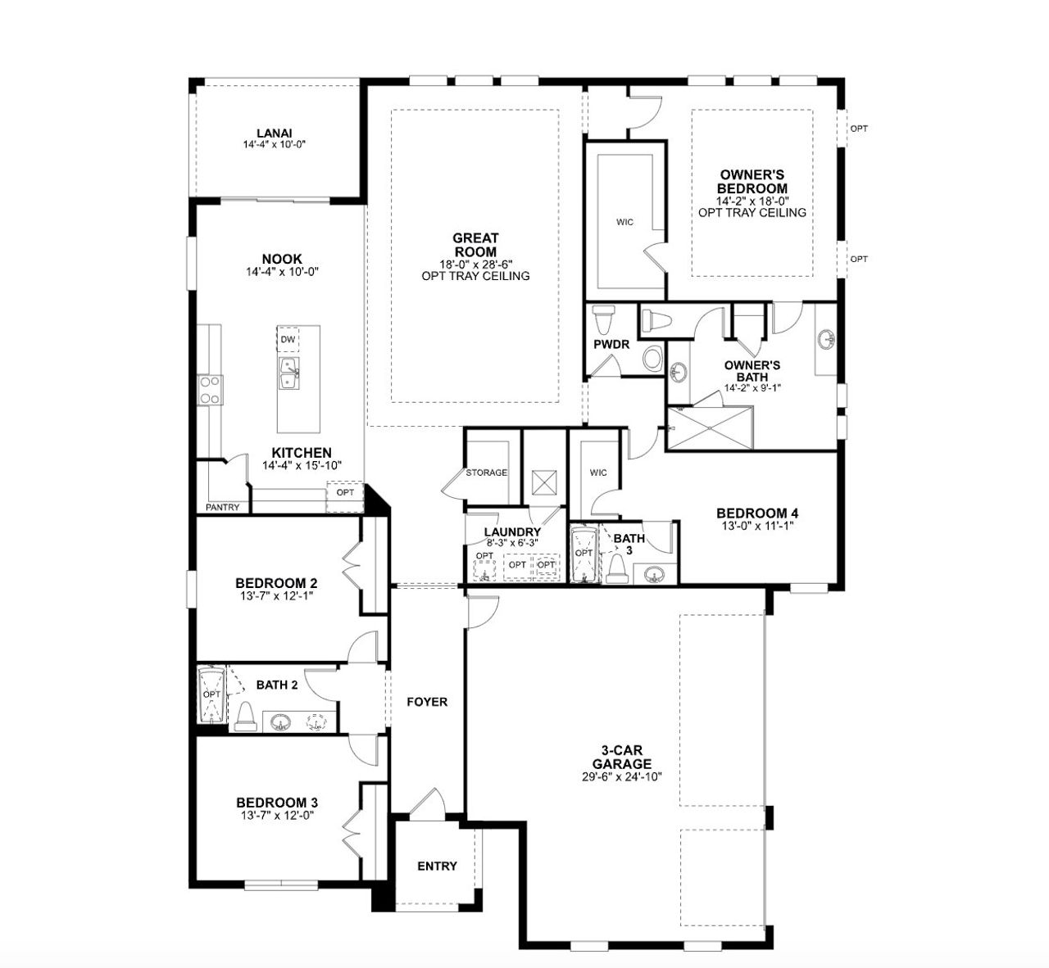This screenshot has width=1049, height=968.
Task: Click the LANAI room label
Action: coord(274,133)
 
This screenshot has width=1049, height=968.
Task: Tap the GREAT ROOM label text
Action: coord(475,245)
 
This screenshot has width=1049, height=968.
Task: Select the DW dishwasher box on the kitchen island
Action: coord(288,339)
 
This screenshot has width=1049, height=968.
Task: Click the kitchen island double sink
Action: coord(288,374)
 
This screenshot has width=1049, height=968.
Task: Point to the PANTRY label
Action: coord(223,508)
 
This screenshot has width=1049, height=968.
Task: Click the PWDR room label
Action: coord(611,344)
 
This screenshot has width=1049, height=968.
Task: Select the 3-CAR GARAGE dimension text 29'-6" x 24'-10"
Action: coord(626,776)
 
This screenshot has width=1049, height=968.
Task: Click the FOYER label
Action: coord(427,702)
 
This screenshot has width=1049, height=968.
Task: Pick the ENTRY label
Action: coord(437,866)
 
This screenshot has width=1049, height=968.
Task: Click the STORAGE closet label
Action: coord(487,473)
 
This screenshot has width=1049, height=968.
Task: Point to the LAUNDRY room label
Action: coord(512,531)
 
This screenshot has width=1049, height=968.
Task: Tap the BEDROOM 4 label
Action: coord(756,513)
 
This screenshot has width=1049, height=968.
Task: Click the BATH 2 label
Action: coord(276,685)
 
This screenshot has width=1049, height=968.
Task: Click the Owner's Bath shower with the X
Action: coord(709,427)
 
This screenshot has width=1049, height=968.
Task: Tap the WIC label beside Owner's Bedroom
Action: coord(625,222)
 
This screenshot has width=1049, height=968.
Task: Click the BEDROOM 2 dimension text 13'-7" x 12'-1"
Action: coord(276,595)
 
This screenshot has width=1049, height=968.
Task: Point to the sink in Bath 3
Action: coord(653,574)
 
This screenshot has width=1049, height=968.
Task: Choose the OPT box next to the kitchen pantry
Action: coord(345,492)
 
